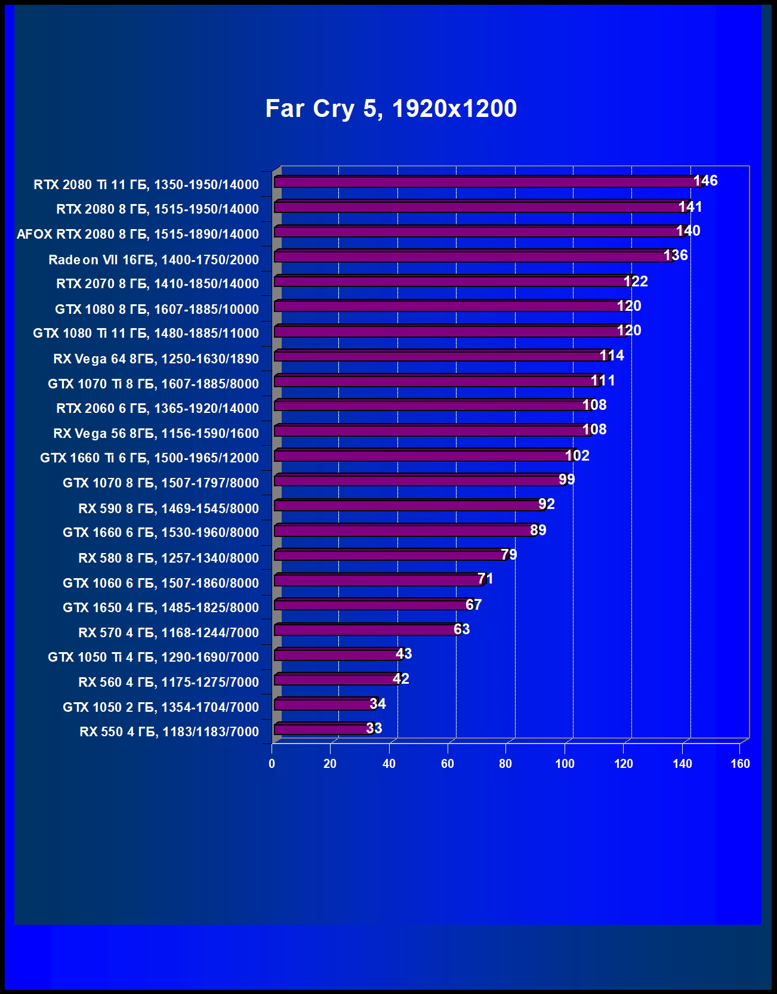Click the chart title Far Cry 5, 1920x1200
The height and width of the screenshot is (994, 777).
point(391,109)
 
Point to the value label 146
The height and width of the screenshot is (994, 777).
point(705,181)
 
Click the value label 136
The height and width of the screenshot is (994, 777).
point(676,255)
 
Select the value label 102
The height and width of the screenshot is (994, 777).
point(577,456)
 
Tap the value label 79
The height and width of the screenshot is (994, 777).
point(509,555)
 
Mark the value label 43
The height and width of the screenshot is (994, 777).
point(404,654)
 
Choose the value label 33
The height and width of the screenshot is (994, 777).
point(374,728)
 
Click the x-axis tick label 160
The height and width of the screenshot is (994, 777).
point(740,764)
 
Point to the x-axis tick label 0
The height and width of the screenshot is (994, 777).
point(272,764)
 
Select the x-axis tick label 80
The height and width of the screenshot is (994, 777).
point(505,764)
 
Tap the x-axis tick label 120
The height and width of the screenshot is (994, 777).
point(623,764)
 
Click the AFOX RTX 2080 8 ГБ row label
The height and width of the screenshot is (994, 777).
point(138,234)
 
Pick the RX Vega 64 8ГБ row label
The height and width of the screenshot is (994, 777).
point(156,359)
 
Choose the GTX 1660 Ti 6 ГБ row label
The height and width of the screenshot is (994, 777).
point(150,458)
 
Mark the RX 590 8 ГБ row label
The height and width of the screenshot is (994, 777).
point(169,508)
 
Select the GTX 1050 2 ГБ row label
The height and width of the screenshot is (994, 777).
point(161,707)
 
